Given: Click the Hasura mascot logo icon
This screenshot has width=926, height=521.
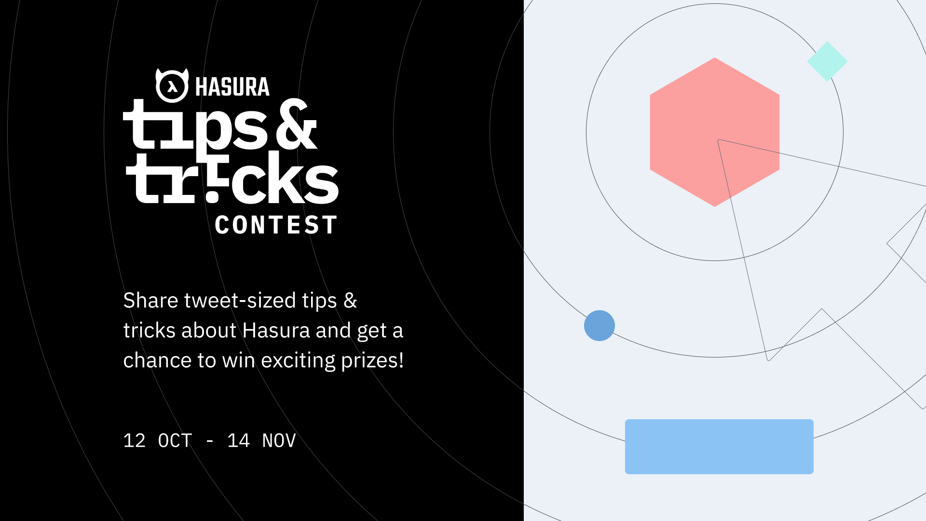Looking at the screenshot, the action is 172,85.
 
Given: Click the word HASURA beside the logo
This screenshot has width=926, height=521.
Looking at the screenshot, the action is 232,87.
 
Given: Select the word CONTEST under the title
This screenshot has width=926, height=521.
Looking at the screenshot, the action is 276,225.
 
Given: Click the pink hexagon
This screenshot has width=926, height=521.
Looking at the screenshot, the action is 715,132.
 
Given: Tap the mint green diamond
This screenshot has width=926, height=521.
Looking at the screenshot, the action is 827,61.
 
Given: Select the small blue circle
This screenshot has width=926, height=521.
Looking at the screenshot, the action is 599,326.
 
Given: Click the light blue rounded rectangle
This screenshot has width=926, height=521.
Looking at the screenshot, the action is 719,447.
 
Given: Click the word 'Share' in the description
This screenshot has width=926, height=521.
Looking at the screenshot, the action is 151,301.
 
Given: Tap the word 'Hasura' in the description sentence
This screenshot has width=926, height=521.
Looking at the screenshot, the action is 276,330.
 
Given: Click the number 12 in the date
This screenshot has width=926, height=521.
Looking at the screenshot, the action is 134,440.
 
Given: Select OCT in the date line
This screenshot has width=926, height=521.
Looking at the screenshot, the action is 175,440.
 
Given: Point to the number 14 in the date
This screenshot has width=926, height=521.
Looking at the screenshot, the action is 238,440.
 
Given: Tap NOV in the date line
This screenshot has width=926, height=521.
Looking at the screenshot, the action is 279,440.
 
